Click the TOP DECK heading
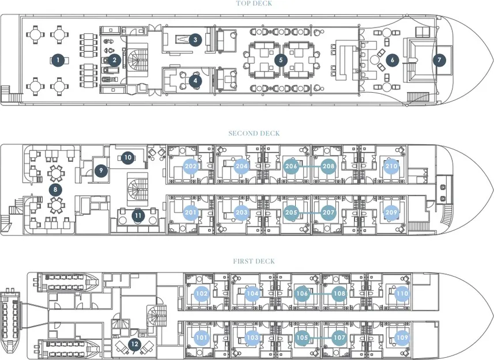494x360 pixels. pyautogui.click(x=254, y=3)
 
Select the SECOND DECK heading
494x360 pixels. pyautogui.click(x=254, y=134)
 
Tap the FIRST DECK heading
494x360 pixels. pyautogui.click(x=254, y=261)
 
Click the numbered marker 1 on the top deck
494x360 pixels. pyautogui.click(x=58, y=60)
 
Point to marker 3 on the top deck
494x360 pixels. pyautogui.click(x=195, y=40)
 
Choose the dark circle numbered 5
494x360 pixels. pyautogui.click(x=281, y=60)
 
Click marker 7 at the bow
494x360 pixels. pyautogui.click(x=439, y=60)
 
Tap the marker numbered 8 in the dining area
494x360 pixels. pyautogui.click(x=55, y=190)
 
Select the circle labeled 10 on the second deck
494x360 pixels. pyautogui.click(x=128, y=157)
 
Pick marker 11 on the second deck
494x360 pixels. pyautogui.click(x=138, y=216)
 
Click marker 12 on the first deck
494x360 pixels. pyautogui.click(x=134, y=344)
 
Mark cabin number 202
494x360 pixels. pyautogui.click(x=191, y=166)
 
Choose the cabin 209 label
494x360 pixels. pyautogui.click(x=391, y=213)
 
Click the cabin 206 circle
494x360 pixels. pyautogui.click(x=291, y=166)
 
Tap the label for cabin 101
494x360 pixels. pyautogui.click(x=202, y=338)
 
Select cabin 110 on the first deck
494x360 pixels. pyautogui.click(x=402, y=294)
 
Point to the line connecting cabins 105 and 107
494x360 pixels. pyautogui.click(x=320, y=338)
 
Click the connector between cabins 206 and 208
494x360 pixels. pyautogui.click(x=310, y=166)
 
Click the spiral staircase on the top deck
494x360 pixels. pyautogui.click(x=137, y=60)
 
